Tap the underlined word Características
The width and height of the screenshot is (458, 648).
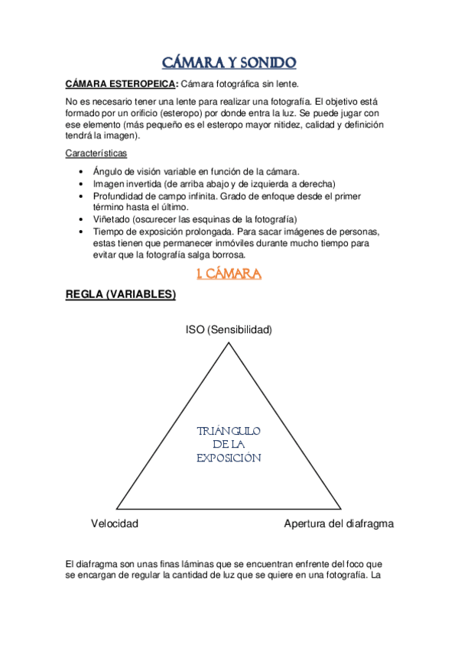click(x=96, y=153)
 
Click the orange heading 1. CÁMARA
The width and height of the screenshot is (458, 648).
click(x=229, y=273)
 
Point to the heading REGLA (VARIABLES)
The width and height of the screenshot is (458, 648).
click(x=121, y=295)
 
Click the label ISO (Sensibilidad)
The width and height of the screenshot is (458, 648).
click(x=229, y=329)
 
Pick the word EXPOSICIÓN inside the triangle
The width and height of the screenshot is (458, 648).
click(x=229, y=458)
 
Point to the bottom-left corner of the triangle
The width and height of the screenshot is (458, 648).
click(x=116, y=509)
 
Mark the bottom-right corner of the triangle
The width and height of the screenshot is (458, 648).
click(x=340, y=509)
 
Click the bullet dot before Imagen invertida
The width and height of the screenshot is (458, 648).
click(x=82, y=184)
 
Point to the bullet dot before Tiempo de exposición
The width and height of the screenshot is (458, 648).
click(x=82, y=231)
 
